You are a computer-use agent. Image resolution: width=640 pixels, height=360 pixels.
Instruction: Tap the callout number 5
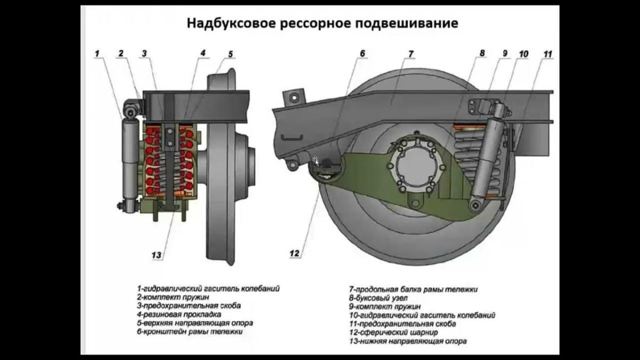[230, 54]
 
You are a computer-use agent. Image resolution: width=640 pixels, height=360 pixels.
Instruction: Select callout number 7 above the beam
[411, 54]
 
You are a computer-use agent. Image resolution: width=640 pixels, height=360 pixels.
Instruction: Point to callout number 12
[294, 253]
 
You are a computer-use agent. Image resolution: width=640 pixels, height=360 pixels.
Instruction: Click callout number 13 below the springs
[156, 254]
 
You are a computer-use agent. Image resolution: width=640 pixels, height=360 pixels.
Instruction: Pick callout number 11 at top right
[548, 54]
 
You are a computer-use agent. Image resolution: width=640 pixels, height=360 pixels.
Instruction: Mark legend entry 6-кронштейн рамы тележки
[190, 331]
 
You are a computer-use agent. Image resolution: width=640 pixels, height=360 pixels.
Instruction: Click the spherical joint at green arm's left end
[324, 170]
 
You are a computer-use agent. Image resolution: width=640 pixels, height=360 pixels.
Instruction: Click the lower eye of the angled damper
[474, 204]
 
